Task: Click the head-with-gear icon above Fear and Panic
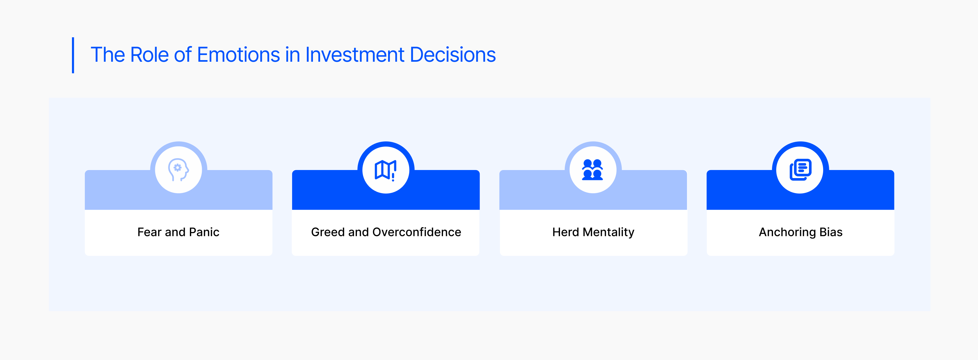click(x=178, y=169)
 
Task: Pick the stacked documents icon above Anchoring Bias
click(x=800, y=169)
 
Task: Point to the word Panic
click(x=204, y=232)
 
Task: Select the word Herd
click(x=566, y=232)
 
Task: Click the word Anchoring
click(x=787, y=232)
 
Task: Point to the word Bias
click(x=831, y=232)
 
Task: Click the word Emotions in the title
click(x=238, y=55)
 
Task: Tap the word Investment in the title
click(x=355, y=55)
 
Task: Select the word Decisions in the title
click(x=453, y=55)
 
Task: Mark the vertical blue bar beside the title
click(x=73, y=55)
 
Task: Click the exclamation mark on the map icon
click(x=393, y=177)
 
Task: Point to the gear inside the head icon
click(x=177, y=167)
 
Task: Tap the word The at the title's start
click(x=108, y=55)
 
